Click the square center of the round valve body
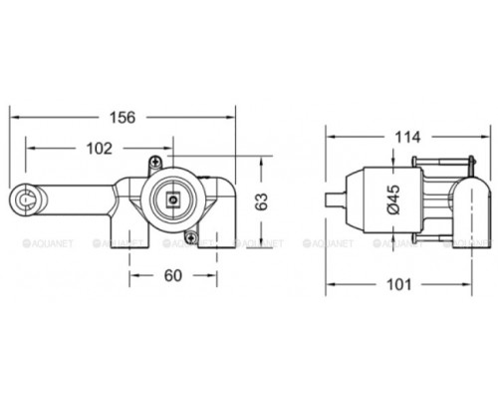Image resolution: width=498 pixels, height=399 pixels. click(x=174, y=200)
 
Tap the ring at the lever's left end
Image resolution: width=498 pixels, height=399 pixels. click(x=24, y=202)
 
